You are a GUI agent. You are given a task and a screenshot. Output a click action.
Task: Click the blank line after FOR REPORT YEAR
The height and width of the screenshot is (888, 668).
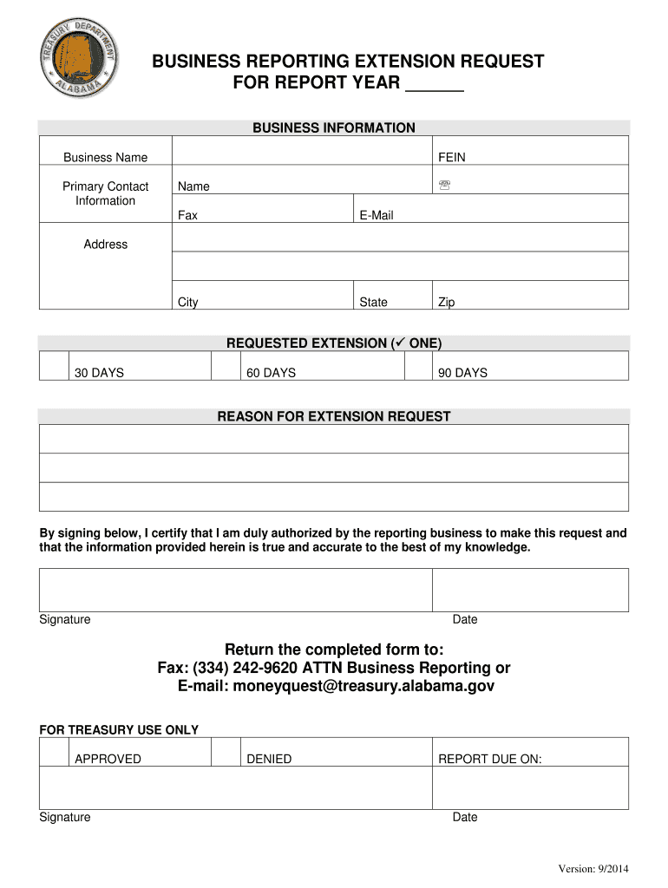coord(435,85)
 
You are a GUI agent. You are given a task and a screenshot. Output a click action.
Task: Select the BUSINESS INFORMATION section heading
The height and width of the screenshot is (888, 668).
coord(333,128)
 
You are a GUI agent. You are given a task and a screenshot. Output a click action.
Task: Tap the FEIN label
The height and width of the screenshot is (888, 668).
coord(451,157)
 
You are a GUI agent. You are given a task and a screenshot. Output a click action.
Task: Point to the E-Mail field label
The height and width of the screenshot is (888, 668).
coord(376,215)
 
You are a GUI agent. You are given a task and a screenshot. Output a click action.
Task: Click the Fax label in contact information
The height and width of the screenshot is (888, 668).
coord(187,215)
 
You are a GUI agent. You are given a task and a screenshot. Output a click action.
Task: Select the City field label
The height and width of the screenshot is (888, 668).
coord(187,303)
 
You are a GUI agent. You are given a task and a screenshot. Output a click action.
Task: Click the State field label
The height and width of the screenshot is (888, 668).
coord(373,303)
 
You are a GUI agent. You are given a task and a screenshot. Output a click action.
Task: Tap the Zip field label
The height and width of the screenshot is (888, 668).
coord(446,303)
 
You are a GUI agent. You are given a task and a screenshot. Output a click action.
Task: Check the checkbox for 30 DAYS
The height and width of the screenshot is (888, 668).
coord(54,366)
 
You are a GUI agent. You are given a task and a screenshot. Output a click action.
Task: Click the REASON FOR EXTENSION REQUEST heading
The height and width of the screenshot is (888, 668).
coord(333,417)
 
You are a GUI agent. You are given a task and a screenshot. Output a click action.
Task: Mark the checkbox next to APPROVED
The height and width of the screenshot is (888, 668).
coord(54,752)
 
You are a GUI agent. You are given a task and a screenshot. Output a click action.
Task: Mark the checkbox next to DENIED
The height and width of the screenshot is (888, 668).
coord(226,752)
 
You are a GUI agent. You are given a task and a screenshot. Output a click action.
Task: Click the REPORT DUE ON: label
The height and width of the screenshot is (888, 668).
coord(489,759)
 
